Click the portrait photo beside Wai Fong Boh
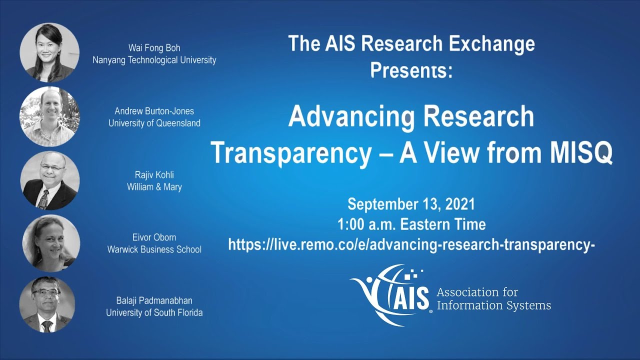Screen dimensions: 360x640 (x=49, y=52)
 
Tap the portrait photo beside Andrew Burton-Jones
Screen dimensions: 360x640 (x=49, y=116)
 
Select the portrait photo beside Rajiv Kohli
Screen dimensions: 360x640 (x=49, y=180)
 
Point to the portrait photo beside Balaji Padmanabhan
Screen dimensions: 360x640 (x=47, y=304)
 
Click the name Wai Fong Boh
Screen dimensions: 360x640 (x=154, y=48)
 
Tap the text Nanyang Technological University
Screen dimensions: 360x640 (x=154, y=60)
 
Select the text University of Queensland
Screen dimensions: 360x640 (x=157, y=123)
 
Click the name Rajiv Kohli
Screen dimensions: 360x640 (x=154, y=175)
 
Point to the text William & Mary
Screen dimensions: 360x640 (x=154, y=187)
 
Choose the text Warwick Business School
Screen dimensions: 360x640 (x=154, y=249)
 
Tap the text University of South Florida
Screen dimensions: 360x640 (x=154, y=313)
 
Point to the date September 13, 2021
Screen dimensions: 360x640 (x=411, y=204)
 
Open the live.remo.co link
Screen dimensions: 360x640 (x=411, y=244)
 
